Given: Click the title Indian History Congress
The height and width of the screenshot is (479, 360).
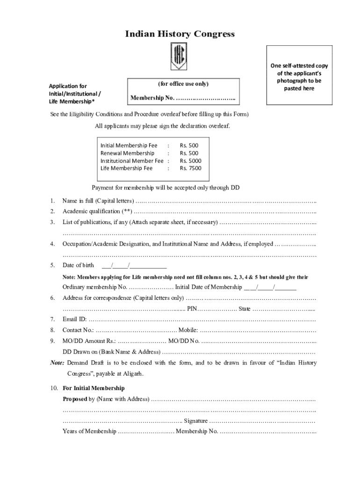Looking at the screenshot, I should tap(180, 34).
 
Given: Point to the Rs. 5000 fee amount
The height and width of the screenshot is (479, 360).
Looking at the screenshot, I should tap(191, 161).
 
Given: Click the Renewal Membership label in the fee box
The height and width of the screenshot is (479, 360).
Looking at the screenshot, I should tap(127, 153).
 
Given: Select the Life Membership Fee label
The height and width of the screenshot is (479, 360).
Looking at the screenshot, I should tap(126, 168).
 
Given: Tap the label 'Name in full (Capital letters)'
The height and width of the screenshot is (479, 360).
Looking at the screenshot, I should tap(98, 201).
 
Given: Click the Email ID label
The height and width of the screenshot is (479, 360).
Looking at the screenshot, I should tap(74, 319).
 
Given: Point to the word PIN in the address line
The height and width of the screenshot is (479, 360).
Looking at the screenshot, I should tap(192, 309).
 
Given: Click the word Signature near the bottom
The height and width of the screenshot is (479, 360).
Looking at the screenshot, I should tap(196, 421).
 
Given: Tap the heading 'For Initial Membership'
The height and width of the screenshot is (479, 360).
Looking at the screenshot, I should tap(94, 388).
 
